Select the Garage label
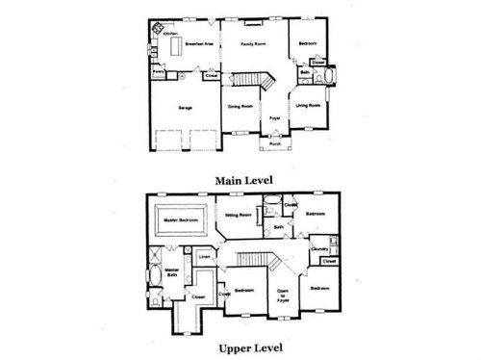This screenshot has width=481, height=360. tap(185, 108)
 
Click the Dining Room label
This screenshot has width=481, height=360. tap(240, 106)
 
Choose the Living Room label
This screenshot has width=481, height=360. tap(308, 104)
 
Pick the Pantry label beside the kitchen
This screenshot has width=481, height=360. tap(157, 70)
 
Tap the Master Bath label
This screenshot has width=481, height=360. tap(172, 272)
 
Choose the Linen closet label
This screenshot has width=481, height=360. tap(205, 257)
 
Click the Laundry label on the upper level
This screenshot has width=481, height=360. tap(319, 250)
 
